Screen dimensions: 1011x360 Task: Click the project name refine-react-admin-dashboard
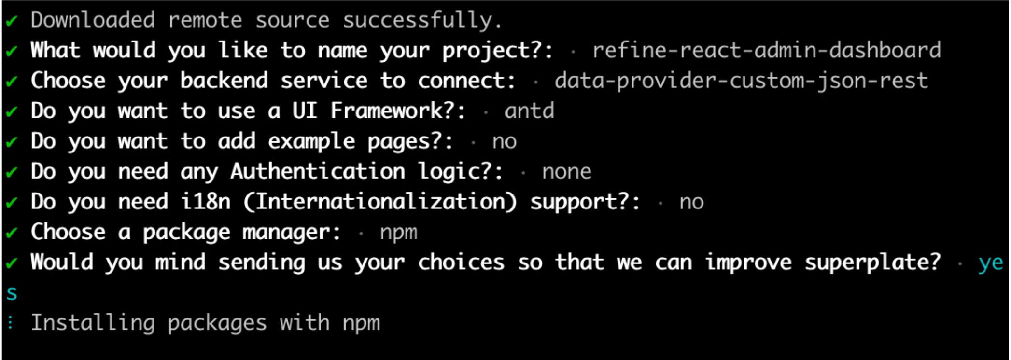767,50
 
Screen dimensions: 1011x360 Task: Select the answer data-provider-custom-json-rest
742,81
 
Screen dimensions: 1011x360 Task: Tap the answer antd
530,111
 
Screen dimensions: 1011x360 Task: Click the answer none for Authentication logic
567,172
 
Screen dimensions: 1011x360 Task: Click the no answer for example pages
505,142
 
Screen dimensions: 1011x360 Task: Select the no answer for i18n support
691,202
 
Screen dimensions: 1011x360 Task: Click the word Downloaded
93,20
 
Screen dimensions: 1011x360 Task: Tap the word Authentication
318,171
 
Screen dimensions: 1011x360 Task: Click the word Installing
93,323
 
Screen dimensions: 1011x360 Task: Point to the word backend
224,81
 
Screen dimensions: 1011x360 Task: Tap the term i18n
206,201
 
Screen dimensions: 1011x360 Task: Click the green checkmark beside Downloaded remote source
12,21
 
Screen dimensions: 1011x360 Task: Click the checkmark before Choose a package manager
12,234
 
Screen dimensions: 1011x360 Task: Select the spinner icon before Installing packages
11,323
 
